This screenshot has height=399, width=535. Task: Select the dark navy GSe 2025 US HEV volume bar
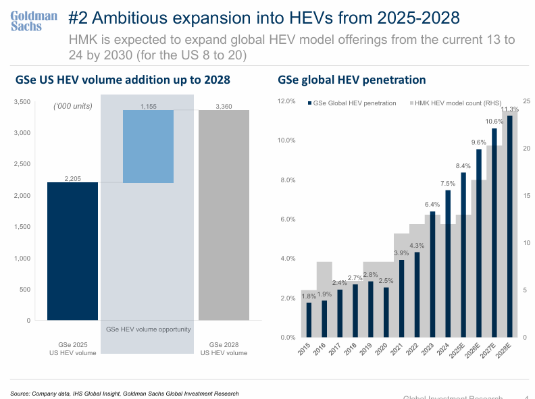(x=72, y=250)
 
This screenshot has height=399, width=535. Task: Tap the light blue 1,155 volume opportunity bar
(x=148, y=147)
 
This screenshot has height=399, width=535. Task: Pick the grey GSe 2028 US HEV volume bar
(x=224, y=215)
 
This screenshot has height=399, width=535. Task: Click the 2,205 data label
(x=72, y=178)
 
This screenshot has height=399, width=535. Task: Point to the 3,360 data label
(x=224, y=106)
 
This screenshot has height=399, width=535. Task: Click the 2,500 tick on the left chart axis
(x=22, y=164)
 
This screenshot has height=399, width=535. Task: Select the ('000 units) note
(x=73, y=106)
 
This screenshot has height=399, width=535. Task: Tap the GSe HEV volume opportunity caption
(x=149, y=329)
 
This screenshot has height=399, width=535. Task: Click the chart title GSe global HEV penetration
(x=351, y=80)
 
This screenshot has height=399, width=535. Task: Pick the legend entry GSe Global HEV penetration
(x=352, y=103)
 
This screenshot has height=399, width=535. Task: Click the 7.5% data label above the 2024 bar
(x=447, y=184)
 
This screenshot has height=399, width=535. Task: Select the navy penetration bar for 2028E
(x=509, y=226)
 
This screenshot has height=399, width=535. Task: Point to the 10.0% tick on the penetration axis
(x=286, y=140)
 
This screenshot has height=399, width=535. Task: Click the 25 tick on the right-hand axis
(x=526, y=101)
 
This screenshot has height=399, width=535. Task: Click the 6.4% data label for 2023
(x=432, y=205)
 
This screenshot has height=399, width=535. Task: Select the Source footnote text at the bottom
(x=125, y=393)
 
